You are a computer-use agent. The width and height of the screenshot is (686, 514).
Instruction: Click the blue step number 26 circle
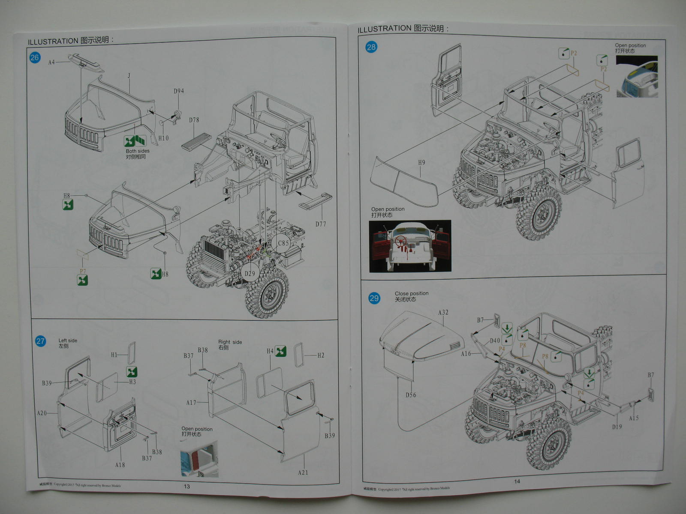35,57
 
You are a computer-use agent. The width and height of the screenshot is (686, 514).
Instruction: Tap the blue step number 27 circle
40,341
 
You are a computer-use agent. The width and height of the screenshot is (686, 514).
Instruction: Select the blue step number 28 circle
371,47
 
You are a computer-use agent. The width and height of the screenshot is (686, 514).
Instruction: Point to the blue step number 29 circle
374,298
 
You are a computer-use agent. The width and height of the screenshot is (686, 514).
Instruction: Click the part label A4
51,63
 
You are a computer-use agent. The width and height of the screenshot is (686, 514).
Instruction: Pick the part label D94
179,91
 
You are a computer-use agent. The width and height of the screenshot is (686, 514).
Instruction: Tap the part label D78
194,120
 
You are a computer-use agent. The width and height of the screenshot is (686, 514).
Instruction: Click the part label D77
321,224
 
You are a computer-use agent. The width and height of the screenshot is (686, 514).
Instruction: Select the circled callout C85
283,243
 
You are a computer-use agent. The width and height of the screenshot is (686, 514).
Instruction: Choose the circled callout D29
250,273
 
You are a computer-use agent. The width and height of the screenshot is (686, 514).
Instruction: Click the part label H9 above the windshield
421,163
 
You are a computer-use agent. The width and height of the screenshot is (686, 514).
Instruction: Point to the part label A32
443,313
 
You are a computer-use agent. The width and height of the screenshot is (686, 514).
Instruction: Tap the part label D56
411,395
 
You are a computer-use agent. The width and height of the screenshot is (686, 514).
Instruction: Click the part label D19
617,427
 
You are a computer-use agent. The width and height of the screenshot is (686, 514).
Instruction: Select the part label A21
303,472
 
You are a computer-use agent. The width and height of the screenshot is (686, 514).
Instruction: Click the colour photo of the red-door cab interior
410,246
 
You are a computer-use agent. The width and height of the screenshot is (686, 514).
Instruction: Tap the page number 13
187,486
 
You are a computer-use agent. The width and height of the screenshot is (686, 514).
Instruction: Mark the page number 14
517,481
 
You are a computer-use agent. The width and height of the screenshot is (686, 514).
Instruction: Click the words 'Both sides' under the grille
138,151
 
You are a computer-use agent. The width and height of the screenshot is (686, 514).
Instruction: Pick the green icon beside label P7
82,280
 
